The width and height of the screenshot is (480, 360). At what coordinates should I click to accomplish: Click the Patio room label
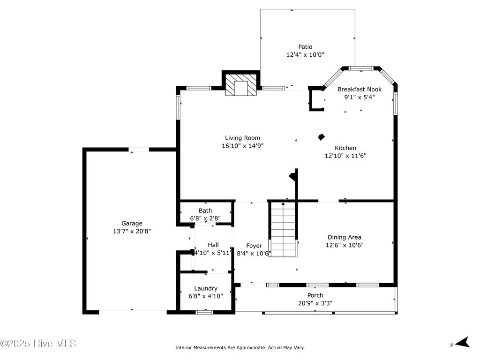tap(305, 47)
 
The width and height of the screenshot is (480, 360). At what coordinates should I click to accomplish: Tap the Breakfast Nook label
tap(360, 89)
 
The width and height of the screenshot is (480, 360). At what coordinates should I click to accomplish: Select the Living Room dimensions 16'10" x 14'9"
tap(242, 146)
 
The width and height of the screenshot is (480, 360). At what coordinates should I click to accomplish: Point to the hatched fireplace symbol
tap(241, 86)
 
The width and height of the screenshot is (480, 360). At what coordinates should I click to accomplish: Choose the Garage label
tap(132, 224)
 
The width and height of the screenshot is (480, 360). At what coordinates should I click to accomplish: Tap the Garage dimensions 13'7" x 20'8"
tap(132, 231)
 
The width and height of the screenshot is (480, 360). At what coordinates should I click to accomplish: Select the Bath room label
tap(205, 211)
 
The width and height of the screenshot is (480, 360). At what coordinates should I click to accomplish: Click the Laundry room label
tap(206, 288)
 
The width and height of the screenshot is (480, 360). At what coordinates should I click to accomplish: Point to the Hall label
tap(213, 245)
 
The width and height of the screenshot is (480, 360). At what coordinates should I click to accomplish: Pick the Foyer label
tap(254, 246)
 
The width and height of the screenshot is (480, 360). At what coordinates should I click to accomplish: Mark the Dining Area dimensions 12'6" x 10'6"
tap(345, 245)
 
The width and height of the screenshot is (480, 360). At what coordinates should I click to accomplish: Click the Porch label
tap(315, 295)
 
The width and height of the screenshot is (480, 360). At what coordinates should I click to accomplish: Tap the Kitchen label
tap(345, 148)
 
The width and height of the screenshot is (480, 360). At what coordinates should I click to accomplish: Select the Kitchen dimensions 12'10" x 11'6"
tap(345, 156)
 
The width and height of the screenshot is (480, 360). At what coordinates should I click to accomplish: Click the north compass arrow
tap(463, 343)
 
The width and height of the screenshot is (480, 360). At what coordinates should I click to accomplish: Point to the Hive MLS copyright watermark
tap(38, 344)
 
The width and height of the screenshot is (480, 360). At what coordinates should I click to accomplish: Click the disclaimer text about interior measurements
tap(240, 348)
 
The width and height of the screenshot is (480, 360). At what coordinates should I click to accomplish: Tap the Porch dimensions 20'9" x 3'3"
tap(315, 303)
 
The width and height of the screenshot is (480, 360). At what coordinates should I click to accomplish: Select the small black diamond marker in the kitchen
tap(321, 137)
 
